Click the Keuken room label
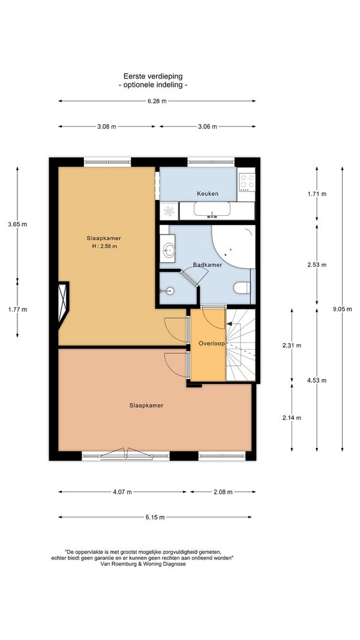pyautogui.click(x=208, y=194)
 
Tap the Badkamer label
pyautogui.click(x=208, y=265)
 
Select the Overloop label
pyautogui.click(x=211, y=344)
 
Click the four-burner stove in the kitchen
pyautogui.click(x=247, y=182)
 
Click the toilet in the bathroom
pyautogui.click(x=242, y=288)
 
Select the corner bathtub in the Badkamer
pyautogui.click(x=233, y=247)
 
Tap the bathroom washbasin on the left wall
pyautogui.click(x=169, y=250)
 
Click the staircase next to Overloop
pyautogui.click(x=241, y=345)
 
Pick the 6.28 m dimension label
pyautogui.click(x=157, y=101)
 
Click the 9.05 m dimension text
pyautogui.click(x=342, y=309)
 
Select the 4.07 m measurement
pyautogui.click(x=122, y=492)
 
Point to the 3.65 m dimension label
pyautogui.click(x=17, y=224)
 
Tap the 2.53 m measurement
pyautogui.click(x=317, y=265)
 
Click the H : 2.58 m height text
pyautogui.click(x=104, y=246)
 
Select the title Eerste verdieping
pyautogui.click(x=153, y=76)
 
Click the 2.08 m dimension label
pyautogui.click(x=223, y=492)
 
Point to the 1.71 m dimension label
pyautogui.click(x=317, y=194)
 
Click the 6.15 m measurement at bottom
pyautogui.click(x=155, y=517)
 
